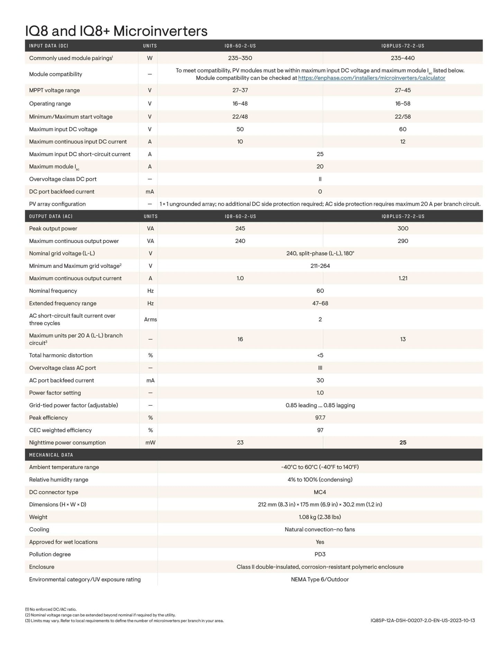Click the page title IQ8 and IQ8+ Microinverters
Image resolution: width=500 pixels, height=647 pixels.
tap(116, 31)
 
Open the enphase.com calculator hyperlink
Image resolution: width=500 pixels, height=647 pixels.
tap(371, 78)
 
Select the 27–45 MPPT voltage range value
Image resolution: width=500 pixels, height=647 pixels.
tap(402, 90)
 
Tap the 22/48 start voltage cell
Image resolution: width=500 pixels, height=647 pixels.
tap(240, 117)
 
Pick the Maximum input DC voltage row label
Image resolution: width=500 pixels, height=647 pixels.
tap(63, 129)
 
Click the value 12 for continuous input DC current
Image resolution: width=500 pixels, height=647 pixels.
tap(402, 142)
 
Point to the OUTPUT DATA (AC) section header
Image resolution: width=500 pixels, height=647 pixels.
tap(51, 216)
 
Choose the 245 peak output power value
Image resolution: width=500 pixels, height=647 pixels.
tap(240, 228)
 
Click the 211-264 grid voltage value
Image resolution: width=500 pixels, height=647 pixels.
tap(320, 266)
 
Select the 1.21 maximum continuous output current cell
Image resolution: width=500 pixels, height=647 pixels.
tap(402, 278)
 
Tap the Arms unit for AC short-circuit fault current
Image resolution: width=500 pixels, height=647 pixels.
tap(150, 320)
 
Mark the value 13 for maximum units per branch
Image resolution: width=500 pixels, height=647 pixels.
tap(402, 339)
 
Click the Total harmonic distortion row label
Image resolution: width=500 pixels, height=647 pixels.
tap(61, 355)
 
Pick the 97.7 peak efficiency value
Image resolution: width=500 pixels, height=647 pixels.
tap(320, 418)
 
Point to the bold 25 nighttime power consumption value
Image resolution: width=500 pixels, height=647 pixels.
tap(402, 442)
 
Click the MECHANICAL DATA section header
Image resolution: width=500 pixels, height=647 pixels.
tap(51, 455)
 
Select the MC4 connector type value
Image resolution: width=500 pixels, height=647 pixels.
tap(320, 492)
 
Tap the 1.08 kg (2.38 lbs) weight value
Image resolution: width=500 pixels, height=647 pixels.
tap(320, 517)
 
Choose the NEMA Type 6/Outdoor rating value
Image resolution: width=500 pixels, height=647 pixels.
tap(320, 579)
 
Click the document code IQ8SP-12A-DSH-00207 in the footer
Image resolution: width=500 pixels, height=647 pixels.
tap(422, 621)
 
